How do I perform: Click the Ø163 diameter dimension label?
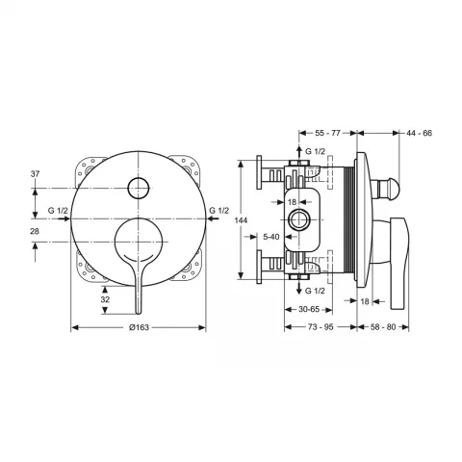(x=139, y=327)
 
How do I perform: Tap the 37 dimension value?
(x=35, y=174)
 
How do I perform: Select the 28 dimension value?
(x=35, y=231)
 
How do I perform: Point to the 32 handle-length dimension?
(x=105, y=299)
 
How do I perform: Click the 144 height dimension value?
(x=241, y=220)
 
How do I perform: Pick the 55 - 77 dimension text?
(x=327, y=133)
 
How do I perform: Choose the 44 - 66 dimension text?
(x=420, y=133)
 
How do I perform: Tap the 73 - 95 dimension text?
(x=321, y=327)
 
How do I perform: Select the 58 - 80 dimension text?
(x=383, y=327)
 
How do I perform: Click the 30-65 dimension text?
(x=309, y=309)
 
